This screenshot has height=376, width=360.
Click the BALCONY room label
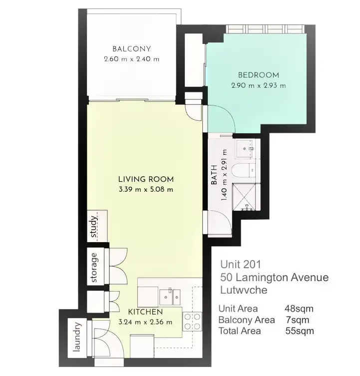pos(131,49)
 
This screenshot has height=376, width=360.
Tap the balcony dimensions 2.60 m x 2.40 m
pos(131,59)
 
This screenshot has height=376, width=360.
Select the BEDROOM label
pos(258,75)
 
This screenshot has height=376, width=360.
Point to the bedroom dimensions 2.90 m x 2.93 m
pos(258,85)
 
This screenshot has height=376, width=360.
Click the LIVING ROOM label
pos(146,179)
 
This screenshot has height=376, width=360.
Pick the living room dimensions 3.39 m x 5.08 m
pos(146,189)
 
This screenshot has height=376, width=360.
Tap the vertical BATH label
pos(214,176)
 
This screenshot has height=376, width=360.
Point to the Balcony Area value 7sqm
pos(296,320)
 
